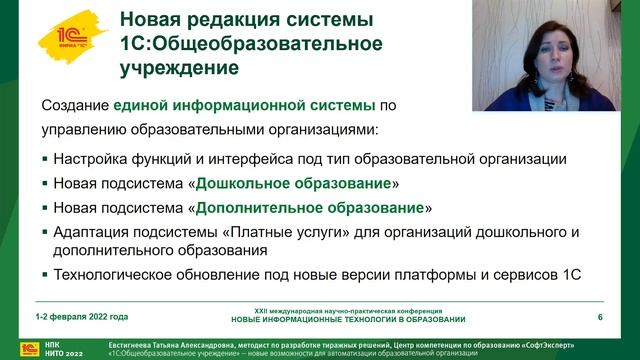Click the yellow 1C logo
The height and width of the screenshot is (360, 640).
[x=69, y=38]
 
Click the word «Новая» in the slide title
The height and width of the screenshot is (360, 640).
[x=151, y=20]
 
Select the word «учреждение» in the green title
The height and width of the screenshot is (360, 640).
[x=179, y=69]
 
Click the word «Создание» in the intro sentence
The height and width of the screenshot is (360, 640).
[x=75, y=104]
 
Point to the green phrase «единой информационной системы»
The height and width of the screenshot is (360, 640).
[x=245, y=104]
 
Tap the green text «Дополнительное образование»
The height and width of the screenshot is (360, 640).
[x=309, y=208]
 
